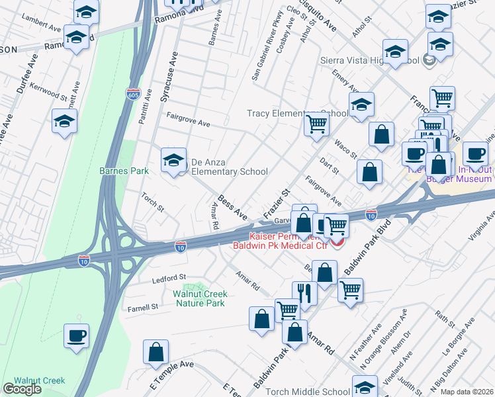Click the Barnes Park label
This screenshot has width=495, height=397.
(124, 171)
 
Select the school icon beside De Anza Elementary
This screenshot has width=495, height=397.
(173, 160)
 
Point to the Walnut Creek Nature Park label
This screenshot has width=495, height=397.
(200, 298)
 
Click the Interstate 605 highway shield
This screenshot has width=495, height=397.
(133, 95)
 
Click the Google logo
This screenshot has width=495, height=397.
(22, 389)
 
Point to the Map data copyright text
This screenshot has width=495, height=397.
(467, 392)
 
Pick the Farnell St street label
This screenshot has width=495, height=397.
(143, 307)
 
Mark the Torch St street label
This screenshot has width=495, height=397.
(153, 201)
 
